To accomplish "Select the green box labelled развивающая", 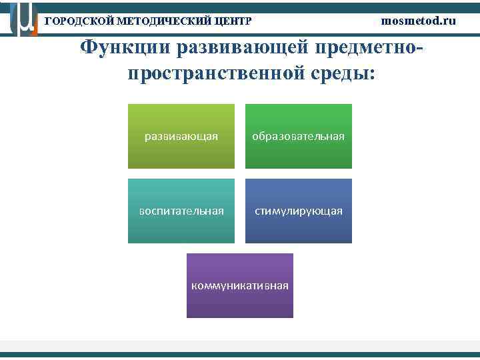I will click(x=181, y=136).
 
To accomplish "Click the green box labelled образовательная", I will click(x=298, y=136).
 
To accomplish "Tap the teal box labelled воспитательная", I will click(x=181, y=211).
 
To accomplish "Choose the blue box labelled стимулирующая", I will click(x=298, y=211).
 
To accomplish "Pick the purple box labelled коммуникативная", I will click(x=240, y=285).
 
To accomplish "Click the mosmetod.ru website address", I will click(x=419, y=20).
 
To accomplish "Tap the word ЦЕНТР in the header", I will click(x=233, y=21).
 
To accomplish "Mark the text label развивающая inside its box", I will click(x=181, y=137).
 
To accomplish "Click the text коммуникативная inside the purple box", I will click(x=240, y=286).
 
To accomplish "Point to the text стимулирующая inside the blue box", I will click(x=298, y=211).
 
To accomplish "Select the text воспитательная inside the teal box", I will click(x=181, y=211).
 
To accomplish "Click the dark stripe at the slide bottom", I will click(x=240, y=355).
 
